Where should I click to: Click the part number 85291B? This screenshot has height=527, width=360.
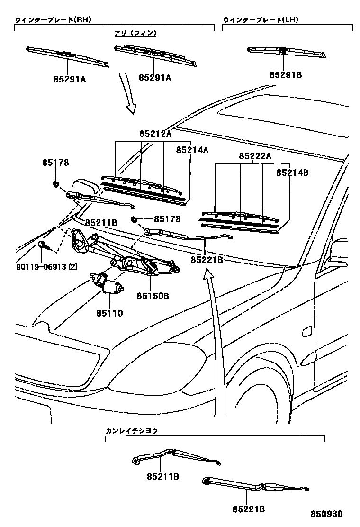coord(286,75)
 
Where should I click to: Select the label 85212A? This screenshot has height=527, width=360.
coord(155,134)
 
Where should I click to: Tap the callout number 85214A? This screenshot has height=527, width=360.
coord(192,150)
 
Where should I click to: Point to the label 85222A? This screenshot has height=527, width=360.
coord(254,156)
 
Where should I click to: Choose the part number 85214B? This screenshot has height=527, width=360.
coord(292,173)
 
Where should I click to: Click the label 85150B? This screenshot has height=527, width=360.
coord(153,296)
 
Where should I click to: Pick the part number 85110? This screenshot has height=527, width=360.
coord(109,313)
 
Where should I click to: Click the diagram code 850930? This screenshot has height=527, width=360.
coord(326,514)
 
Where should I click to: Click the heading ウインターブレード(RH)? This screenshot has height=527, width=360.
coord(53,20)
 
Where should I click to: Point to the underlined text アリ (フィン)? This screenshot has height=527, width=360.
coord(135,33)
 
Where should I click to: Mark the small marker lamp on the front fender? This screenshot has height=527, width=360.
coord(307,331)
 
